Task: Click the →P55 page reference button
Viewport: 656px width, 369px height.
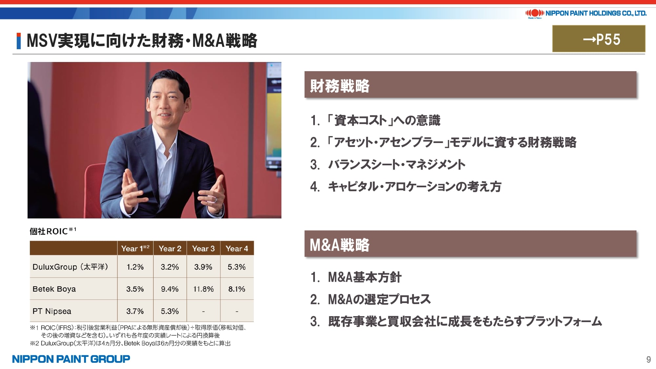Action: (x=599, y=39)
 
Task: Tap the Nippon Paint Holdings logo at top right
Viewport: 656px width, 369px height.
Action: (x=586, y=13)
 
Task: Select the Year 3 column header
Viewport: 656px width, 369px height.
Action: (x=203, y=249)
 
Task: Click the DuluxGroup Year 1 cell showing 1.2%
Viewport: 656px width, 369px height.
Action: (x=135, y=267)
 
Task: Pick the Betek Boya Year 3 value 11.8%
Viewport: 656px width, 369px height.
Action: (x=203, y=289)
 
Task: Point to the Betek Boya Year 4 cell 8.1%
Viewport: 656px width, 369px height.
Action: (x=237, y=289)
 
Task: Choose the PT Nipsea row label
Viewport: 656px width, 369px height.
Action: (x=52, y=311)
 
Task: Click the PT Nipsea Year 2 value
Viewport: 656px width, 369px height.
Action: (x=170, y=311)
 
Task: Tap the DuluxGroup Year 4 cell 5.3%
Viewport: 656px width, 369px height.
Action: (x=237, y=267)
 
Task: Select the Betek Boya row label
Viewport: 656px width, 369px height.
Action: (x=54, y=289)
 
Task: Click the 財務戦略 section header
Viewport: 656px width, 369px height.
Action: (x=339, y=86)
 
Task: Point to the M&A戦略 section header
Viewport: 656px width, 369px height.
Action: (x=339, y=245)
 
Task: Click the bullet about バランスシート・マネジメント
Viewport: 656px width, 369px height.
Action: (x=388, y=164)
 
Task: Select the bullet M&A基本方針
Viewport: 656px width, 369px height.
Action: (x=356, y=277)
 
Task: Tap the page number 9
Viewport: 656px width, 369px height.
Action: (x=648, y=359)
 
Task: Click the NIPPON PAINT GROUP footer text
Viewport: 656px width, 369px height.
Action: (x=71, y=359)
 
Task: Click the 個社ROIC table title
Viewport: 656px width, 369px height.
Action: (x=53, y=231)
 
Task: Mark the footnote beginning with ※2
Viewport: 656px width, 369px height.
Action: (x=130, y=343)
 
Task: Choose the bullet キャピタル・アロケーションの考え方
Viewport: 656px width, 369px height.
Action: (x=406, y=186)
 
